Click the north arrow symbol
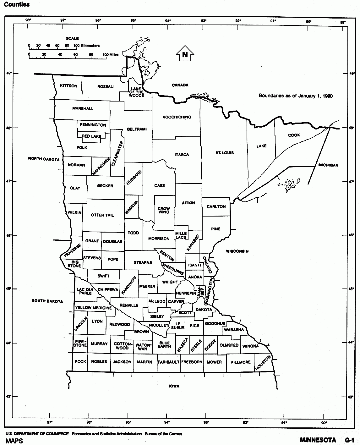tap(185, 54)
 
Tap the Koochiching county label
tap(177, 117)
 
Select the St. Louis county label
tap(225, 153)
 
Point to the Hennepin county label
tap(186, 293)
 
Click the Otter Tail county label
tap(102, 215)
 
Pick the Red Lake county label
tap(92, 136)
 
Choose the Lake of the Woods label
tap(136, 92)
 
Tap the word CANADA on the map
tap(180, 85)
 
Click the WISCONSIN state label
tap(237, 251)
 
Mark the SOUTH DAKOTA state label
tap(47, 301)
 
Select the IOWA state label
tap(174, 386)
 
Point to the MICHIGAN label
tap(328, 165)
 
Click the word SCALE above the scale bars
tap(72, 38)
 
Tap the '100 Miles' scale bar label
tap(111, 55)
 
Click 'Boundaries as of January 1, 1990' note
tap(296, 96)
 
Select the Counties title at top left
tap(17, 4)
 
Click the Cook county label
tap(294, 135)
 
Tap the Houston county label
tap(263, 363)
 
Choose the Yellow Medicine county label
tap(94, 308)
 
